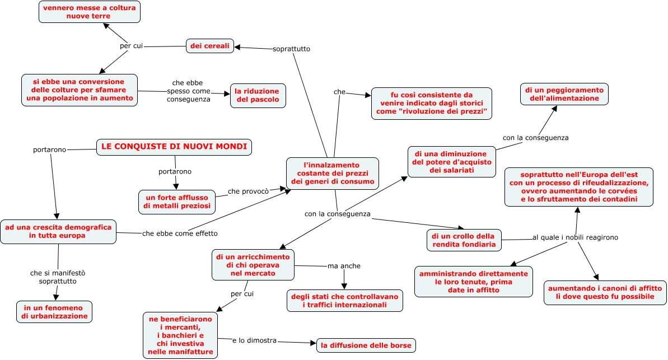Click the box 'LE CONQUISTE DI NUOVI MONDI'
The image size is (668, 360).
coord(174,147)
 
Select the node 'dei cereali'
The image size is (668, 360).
coord(210,46)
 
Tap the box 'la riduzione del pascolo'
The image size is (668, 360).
coord(258,95)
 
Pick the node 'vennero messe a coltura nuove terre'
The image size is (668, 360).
coord(89,12)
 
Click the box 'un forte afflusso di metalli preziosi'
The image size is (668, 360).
coord(177,202)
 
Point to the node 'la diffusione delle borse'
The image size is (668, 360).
coord(366,345)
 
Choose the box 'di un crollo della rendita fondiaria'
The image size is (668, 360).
coord(464,240)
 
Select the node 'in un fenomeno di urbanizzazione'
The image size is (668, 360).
coord(54,312)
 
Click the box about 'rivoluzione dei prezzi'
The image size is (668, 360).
coord(431,103)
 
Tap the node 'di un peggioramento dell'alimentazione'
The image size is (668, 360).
coord(564,94)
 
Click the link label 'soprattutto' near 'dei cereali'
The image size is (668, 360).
coord(291,49)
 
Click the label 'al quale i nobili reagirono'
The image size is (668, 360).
coord(575,237)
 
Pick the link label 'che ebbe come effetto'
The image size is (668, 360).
coord(179,233)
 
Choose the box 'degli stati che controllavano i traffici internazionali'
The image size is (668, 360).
coord(344,300)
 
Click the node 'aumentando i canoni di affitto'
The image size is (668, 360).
coord(605,292)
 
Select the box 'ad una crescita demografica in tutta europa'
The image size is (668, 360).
coord(58,232)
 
